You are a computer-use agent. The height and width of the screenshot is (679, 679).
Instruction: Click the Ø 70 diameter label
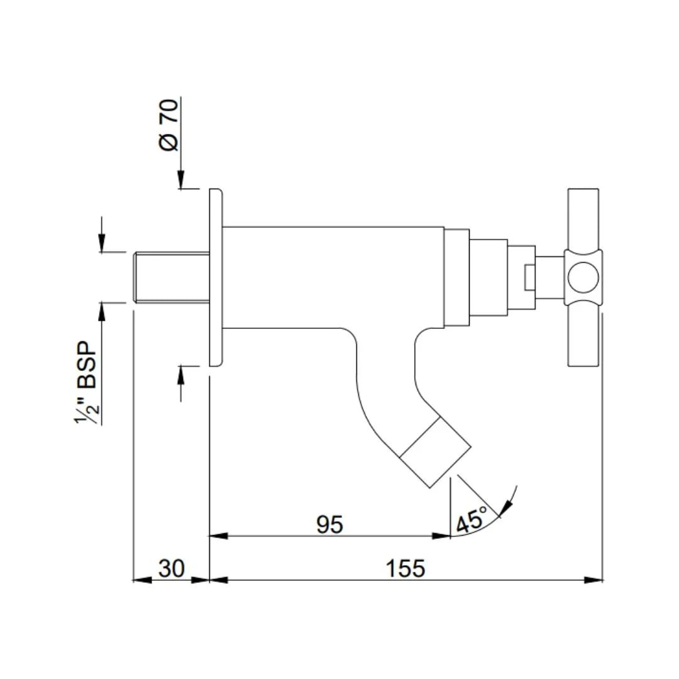(169, 125)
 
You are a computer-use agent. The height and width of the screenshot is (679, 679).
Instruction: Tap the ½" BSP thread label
(86, 384)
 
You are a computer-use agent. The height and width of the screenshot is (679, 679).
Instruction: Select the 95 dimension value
(329, 524)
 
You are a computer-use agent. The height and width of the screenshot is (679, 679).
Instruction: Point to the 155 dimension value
(406, 568)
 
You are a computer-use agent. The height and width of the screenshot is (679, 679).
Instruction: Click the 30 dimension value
(171, 568)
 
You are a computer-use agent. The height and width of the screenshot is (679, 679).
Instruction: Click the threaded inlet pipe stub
(171, 277)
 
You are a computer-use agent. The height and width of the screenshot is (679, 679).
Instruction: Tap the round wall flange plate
(215, 277)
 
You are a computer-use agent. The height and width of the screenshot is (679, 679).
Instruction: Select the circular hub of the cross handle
(582, 277)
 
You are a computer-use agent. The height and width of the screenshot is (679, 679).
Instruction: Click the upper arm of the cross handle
(583, 217)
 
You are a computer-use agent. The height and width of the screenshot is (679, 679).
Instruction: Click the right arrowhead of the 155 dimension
(594, 580)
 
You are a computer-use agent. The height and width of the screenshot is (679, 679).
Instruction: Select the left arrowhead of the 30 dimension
(142, 580)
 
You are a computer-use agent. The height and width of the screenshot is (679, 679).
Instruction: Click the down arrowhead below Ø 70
(181, 182)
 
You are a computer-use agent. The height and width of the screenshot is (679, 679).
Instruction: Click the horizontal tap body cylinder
(333, 277)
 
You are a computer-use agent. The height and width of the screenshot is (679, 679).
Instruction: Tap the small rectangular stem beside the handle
(528, 277)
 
